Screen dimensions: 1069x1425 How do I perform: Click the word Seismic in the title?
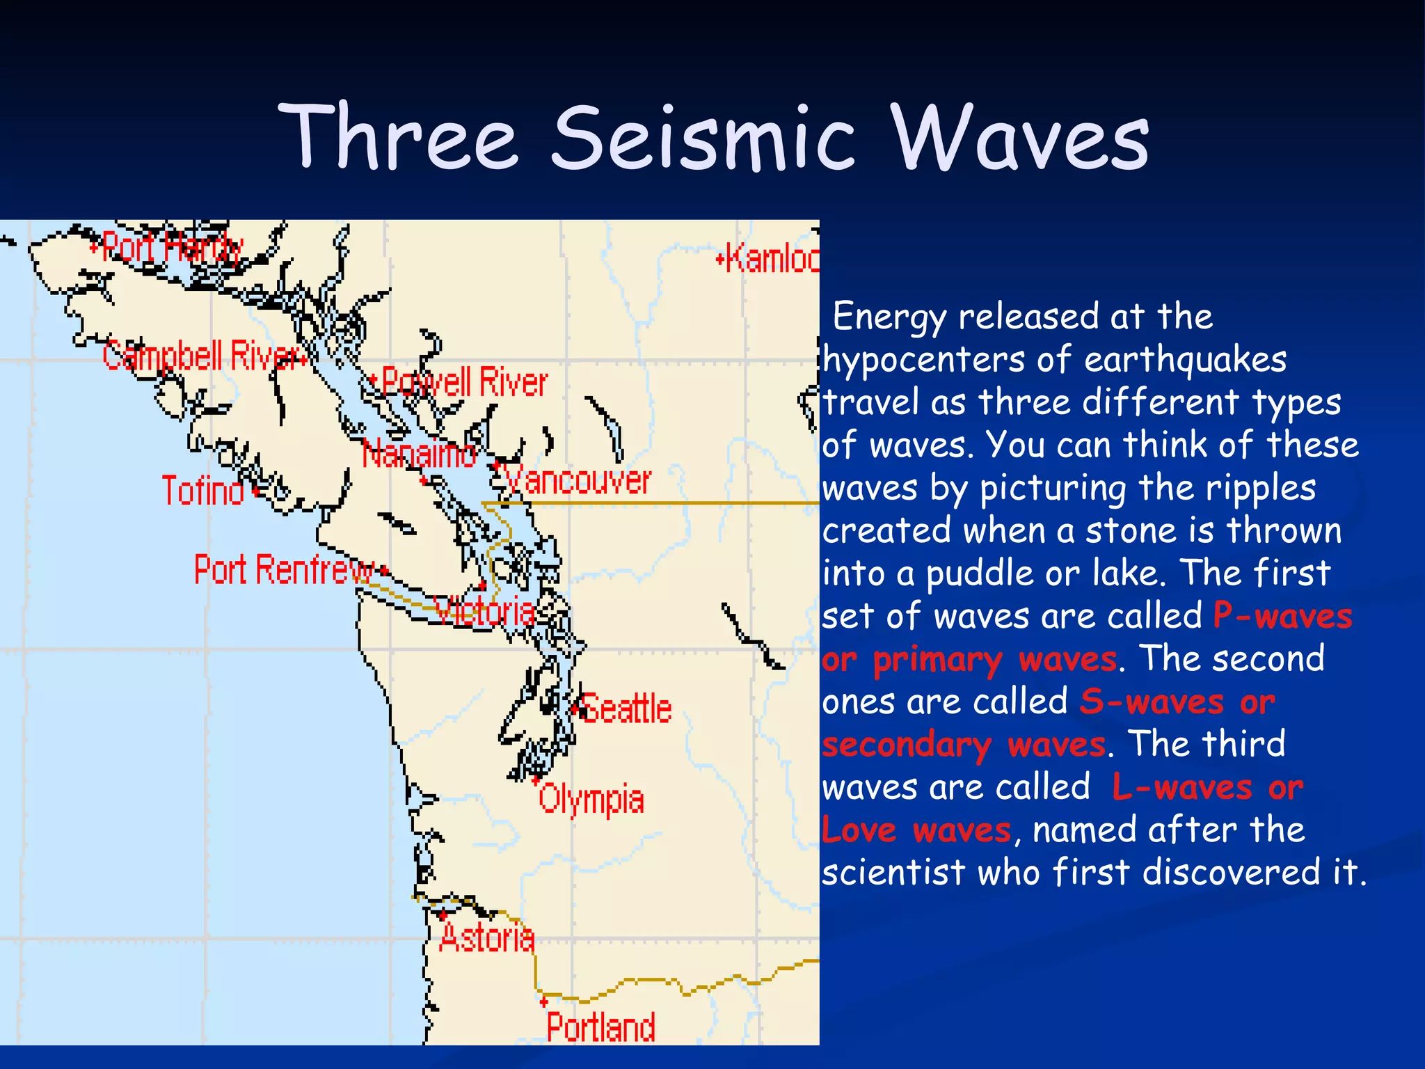pyautogui.click(x=703, y=138)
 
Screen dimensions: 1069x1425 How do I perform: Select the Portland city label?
pyautogui.click(x=600, y=1027)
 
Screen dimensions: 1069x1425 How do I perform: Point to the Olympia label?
pyautogui.click(x=591, y=800)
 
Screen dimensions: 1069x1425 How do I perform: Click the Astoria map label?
pyautogui.click(x=487, y=938)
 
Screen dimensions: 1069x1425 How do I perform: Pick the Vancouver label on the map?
pyautogui.click(x=578, y=481)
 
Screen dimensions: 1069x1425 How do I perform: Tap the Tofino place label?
pyautogui.click(x=202, y=491)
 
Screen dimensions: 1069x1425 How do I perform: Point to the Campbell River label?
pyautogui.click(x=202, y=356)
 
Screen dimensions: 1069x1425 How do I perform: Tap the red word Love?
pyautogui.click(x=859, y=830)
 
